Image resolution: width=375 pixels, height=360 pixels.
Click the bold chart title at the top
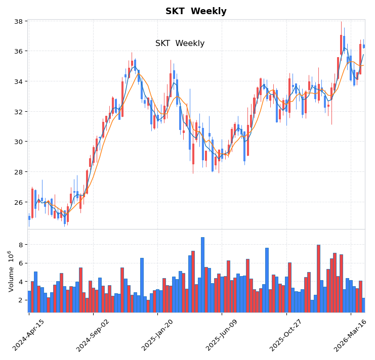click(x=196, y=11)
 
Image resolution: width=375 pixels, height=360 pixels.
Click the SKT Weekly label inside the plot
click(x=180, y=43)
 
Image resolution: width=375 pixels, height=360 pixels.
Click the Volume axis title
click(x=10, y=271)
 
